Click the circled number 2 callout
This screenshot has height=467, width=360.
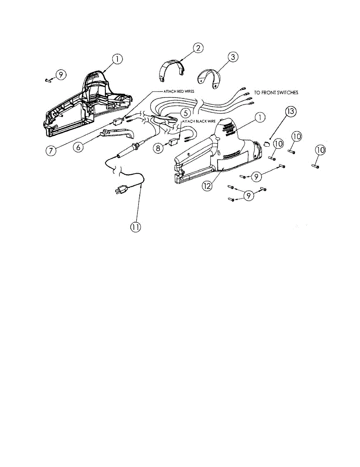point(198,48)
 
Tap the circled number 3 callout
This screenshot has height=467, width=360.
point(232,57)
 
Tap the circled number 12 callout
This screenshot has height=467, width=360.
point(207,186)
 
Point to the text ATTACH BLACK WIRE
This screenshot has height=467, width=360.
point(198,121)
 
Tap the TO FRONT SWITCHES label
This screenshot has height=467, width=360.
point(276,93)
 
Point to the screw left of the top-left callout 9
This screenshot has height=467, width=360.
point(48,80)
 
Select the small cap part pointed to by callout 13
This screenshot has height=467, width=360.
point(266,144)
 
